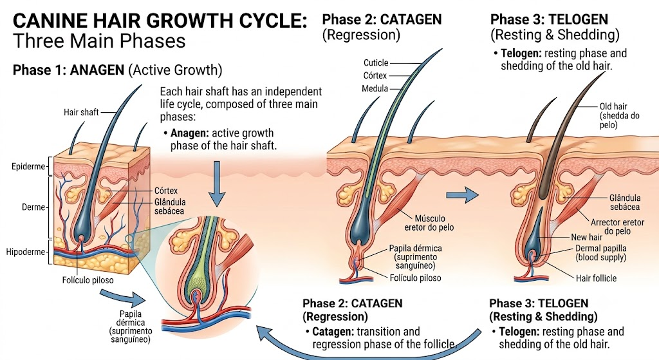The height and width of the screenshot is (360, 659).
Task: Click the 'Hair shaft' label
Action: point(81,112)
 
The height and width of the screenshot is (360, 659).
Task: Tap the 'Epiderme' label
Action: point(28,167)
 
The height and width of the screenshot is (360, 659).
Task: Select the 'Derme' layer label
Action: point(33,207)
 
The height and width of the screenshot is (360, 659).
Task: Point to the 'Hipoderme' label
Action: point(25,252)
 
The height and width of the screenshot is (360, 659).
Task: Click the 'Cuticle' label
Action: point(376,62)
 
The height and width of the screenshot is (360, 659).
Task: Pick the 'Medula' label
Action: point(375,89)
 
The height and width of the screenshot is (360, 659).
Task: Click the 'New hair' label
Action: point(587,237)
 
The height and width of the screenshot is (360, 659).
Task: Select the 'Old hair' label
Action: point(613,106)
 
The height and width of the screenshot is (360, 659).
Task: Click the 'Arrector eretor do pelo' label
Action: point(617,227)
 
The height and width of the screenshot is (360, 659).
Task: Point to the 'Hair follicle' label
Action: point(596,278)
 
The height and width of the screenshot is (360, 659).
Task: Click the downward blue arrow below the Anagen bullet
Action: point(217,183)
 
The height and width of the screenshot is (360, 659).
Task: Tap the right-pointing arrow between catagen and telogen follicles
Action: point(462,194)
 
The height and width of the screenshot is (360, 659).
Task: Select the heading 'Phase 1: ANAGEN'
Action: point(68,70)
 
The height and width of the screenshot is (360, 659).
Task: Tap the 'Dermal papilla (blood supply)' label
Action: point(600,252)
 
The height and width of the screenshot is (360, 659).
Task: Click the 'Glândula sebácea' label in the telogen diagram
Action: point(625,202)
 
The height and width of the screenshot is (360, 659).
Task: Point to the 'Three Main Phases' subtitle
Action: point(99,41)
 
